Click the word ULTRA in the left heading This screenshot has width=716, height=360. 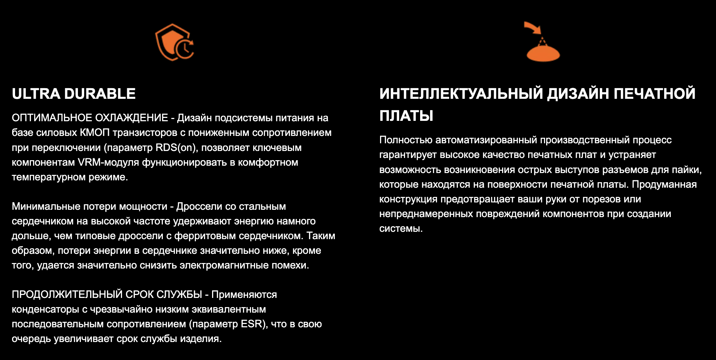click(36, 94)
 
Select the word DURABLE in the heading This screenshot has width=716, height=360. click(100, 94)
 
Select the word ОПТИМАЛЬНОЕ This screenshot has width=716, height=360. click(52, 118)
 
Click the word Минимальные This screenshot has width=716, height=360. click(46, 206)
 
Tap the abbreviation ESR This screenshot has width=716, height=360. click(253, 324)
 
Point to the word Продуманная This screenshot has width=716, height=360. click(664, 184)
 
